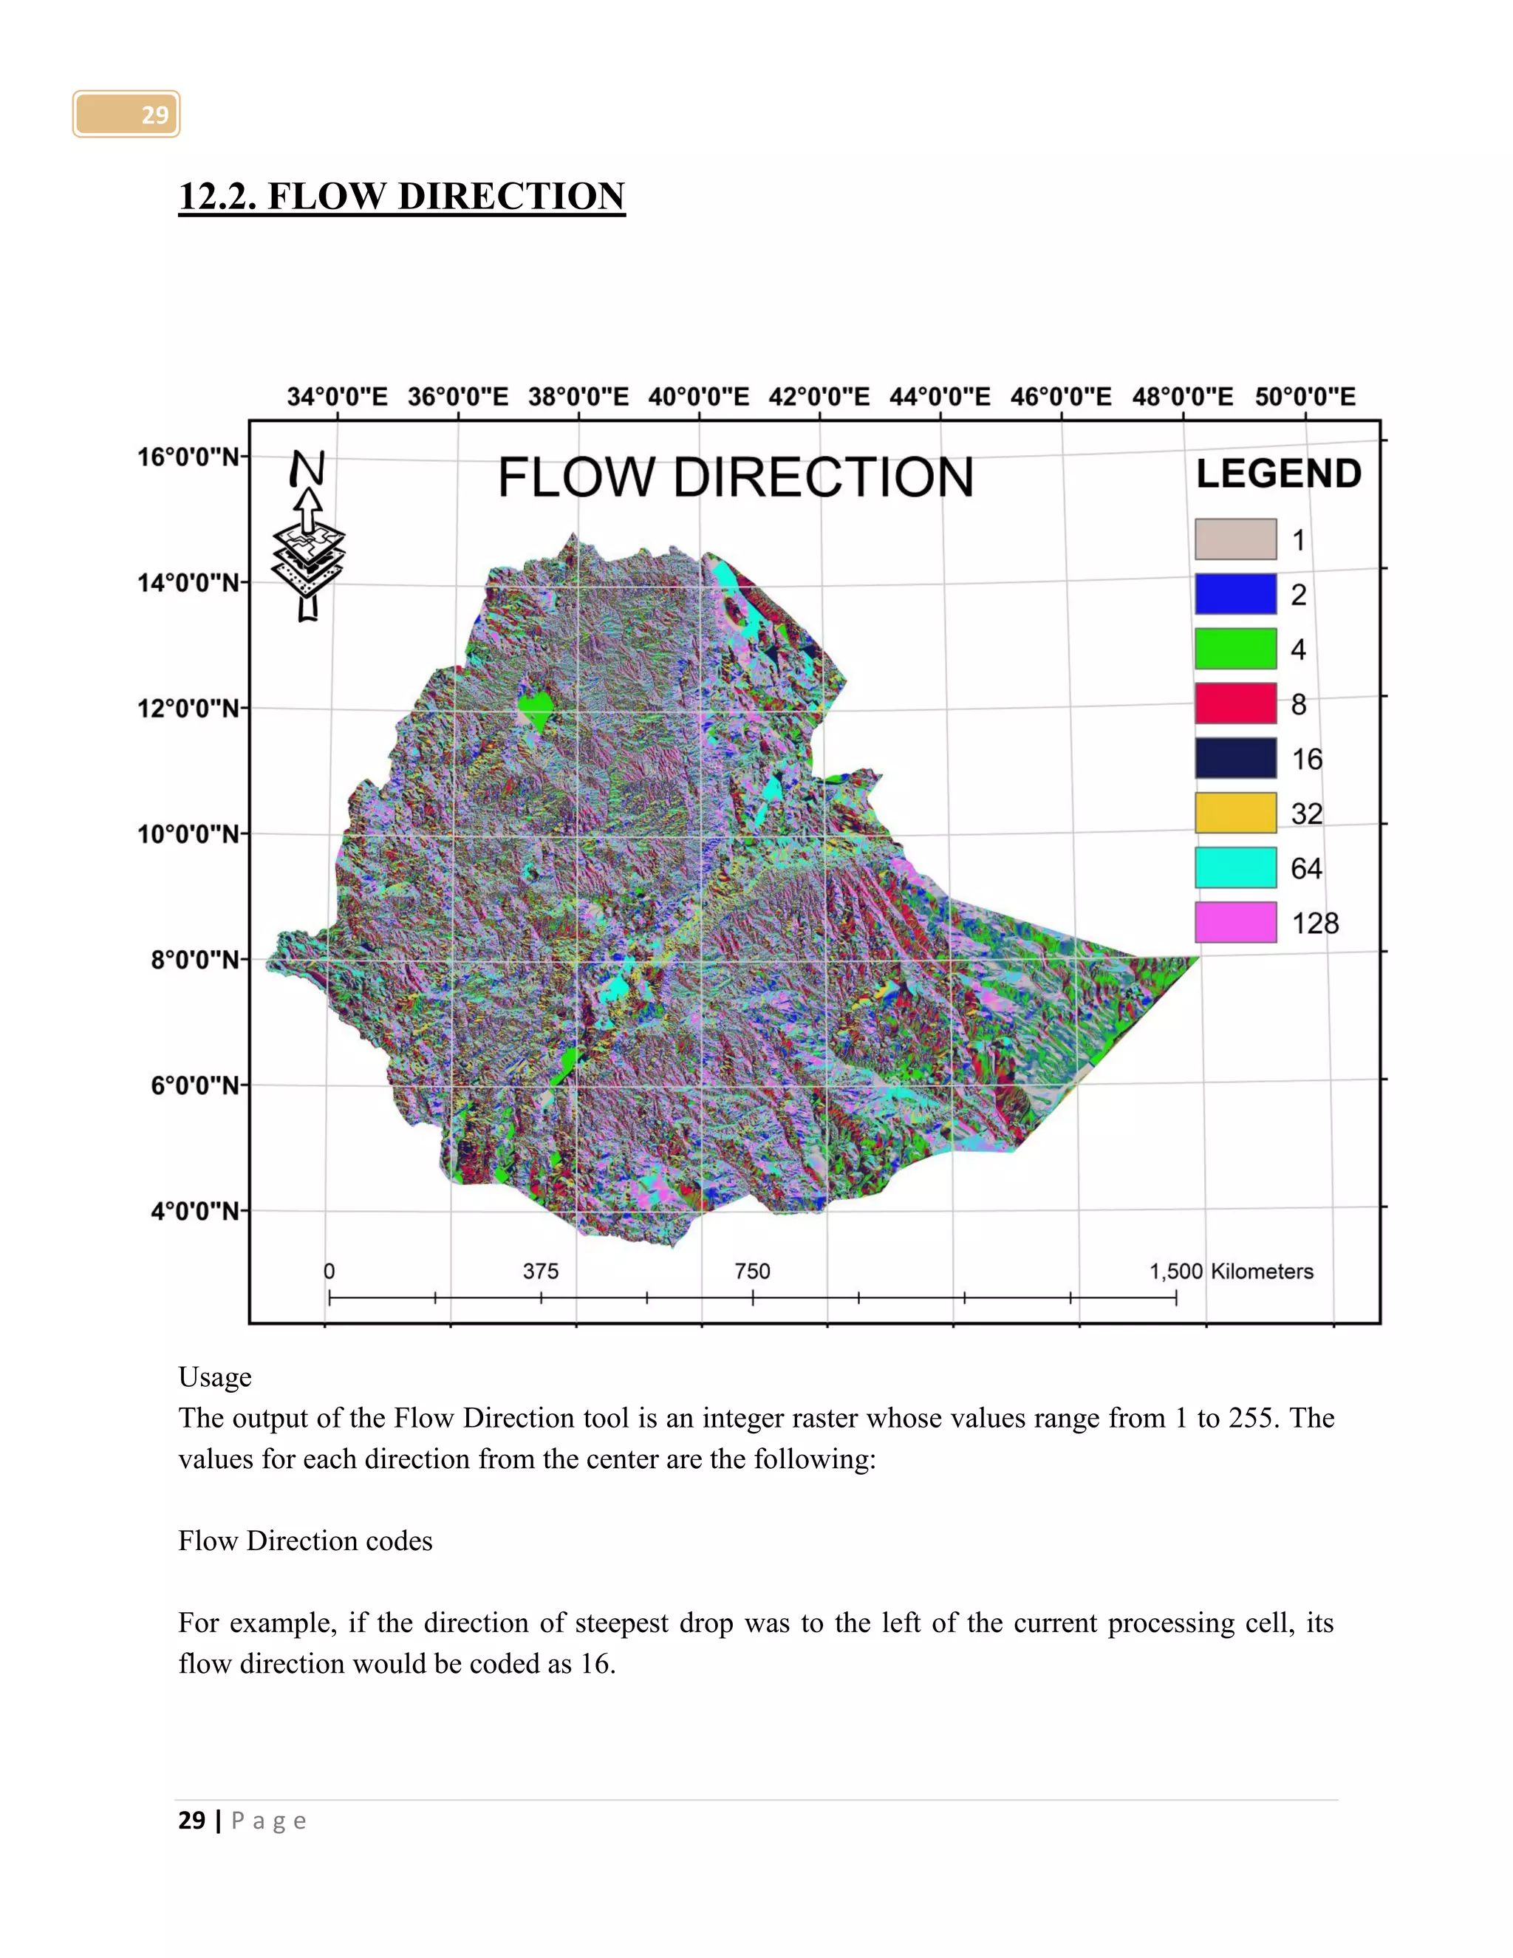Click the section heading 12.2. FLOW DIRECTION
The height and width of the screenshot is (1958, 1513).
[402, 197]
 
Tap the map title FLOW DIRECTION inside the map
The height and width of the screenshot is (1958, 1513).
[735, 477]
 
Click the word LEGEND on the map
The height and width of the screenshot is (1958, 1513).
[1278, 474]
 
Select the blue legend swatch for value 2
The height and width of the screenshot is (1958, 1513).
[1235, 593]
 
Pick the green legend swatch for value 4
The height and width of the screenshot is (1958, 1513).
[1235, 648]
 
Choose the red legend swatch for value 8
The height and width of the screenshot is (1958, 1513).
[1235, 703]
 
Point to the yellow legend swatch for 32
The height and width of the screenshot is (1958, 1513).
[1235, 813]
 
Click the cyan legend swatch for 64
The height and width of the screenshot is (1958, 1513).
[1235, 868]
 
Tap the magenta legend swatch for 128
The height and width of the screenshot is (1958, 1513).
[1235, 923]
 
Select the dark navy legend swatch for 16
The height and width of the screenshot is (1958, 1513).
[1235, 759]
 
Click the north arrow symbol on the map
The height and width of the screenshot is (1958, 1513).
[308, 538]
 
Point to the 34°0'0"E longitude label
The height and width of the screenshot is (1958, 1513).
[337, 396]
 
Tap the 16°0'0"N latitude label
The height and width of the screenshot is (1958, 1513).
[188, 457]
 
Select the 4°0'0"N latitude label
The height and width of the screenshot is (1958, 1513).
[194, 1211]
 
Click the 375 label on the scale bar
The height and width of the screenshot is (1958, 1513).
[541, 1272]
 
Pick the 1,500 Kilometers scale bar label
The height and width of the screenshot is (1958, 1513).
[1231, 1272]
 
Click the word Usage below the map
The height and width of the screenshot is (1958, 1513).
[215, 1377]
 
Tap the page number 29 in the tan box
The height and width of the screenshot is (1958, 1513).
[154, 115]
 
